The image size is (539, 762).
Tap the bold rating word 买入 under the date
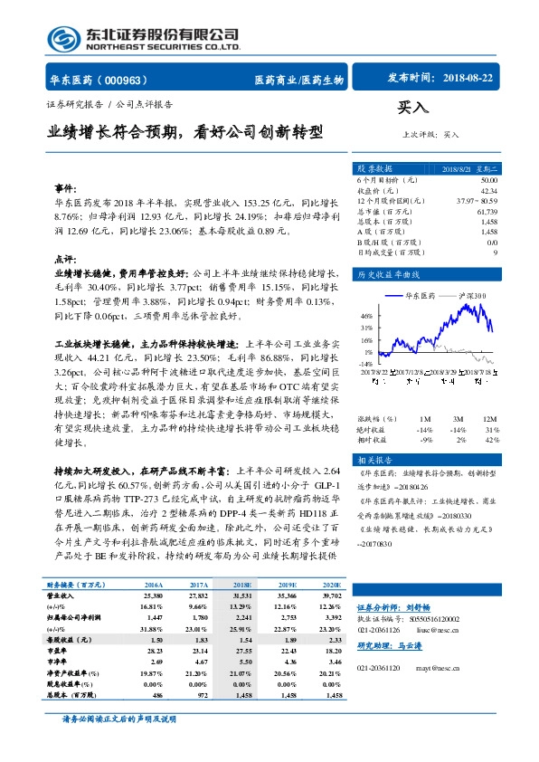click(x=411, y=108)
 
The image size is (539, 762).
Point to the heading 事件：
click(x=66, y=188)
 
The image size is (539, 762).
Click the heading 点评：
click(x=66, y=258)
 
